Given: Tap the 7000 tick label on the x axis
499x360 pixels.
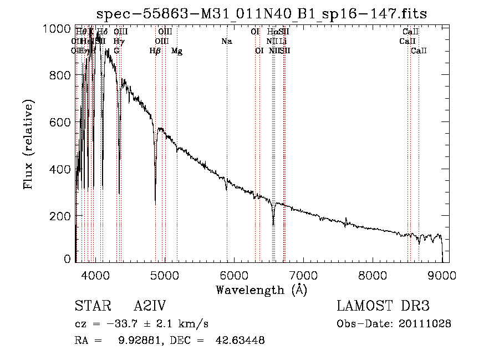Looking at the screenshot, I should click(303, 275).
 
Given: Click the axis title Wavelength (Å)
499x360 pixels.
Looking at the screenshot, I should click(261, 290).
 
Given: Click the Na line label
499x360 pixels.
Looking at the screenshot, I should click(226, 42).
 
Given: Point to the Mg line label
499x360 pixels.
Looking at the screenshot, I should click(177, 51).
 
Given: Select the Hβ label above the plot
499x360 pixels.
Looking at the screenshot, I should click(155, 51).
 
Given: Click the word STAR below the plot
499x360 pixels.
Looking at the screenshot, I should click(91, 306).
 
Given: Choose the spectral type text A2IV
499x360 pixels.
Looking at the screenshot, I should click(150, 306).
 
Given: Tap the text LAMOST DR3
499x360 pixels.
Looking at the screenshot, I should click(383, 306).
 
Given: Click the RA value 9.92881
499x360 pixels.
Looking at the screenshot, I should click(138, 340).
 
